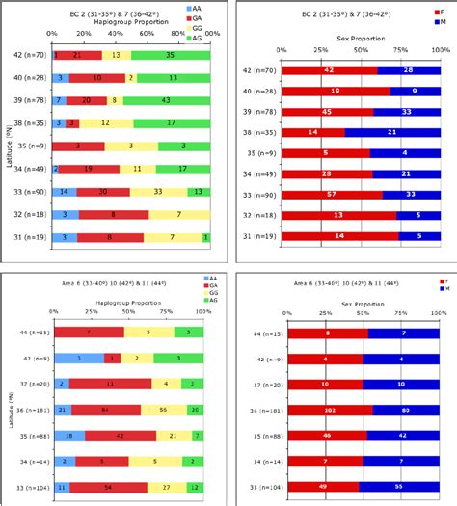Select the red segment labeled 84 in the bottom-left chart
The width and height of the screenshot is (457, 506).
pos(104,409)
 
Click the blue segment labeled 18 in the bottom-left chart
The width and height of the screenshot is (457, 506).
pos(67,435)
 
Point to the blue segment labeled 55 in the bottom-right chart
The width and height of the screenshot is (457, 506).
pos(398,487)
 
